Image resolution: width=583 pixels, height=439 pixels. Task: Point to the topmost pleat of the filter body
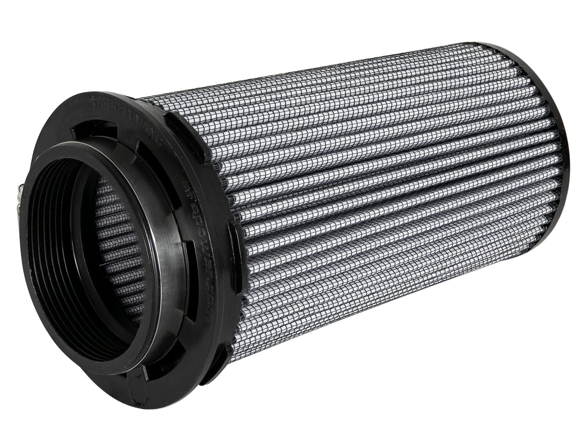pyautogui.click(x=336, y=72)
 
